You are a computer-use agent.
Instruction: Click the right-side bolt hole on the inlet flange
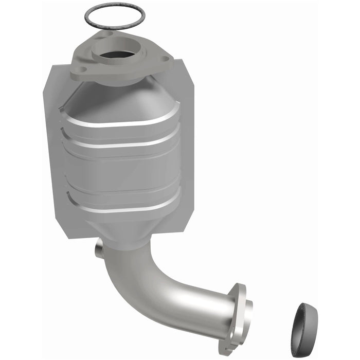pyautogui.click(x=165, y=59)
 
